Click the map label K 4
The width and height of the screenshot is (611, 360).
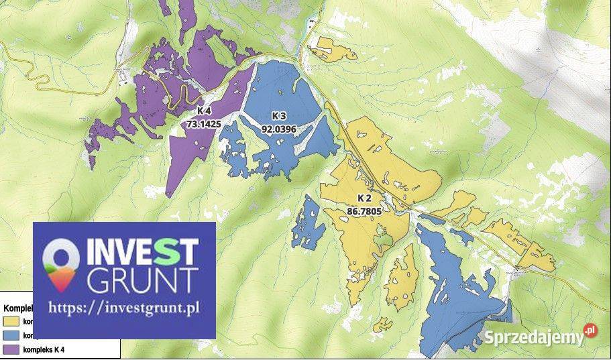point(205,111)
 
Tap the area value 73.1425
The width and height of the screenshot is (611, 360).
point(205,123)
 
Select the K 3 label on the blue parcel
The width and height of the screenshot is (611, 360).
point(278,116)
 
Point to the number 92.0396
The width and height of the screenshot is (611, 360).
point(278,129)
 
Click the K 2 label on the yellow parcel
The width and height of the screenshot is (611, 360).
point(364,198)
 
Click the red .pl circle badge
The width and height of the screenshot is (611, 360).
point(590,331)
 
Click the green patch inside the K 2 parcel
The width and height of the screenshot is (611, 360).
point(383,238)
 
